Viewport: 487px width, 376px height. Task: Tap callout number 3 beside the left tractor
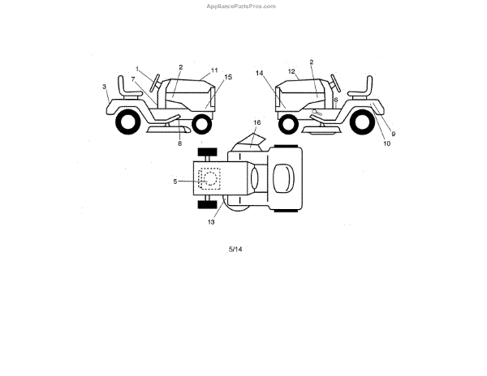tap(105, 86)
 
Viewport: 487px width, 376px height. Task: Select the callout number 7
tap(133, 79)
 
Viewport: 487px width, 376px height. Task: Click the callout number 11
tap(215, 70)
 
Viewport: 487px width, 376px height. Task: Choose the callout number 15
tap(228, 77)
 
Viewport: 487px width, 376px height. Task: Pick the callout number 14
tap(261, 73)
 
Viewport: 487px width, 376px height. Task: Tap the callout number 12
tap(291, 71)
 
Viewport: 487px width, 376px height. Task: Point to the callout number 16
tap(256, 122)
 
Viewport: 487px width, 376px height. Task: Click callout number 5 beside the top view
tap(175, 181)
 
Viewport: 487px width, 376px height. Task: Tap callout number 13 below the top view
tap(212, 221)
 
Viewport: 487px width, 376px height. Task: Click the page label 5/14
tap(235, 249)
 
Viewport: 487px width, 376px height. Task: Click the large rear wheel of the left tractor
tap(127, 123)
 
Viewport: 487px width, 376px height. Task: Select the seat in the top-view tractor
tap(283, 177)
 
